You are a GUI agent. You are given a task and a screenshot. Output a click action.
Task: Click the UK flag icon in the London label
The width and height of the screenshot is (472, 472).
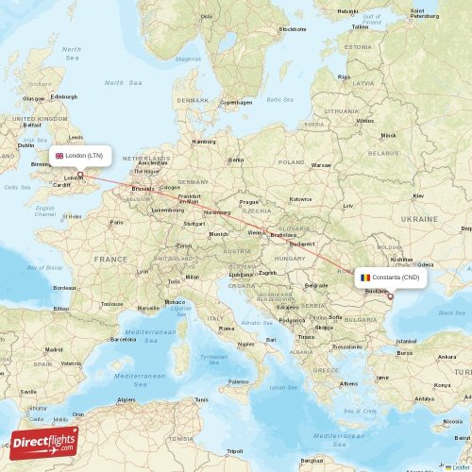point(59,156)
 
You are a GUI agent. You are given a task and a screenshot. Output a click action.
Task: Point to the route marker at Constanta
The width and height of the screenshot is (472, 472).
point(390,295)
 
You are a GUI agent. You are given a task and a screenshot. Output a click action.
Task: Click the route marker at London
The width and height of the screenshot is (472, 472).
point(80,174)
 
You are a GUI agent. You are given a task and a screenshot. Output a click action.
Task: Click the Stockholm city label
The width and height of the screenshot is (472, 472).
point(293,29)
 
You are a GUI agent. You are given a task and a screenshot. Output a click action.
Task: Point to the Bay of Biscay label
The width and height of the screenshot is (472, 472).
point(44,268)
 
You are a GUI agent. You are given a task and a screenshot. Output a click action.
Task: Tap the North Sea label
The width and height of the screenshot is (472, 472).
point(115,83)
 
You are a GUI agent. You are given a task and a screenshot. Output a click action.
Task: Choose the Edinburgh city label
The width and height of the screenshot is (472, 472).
point(64,96)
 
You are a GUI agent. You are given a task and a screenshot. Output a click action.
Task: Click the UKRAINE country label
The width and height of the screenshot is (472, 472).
point(419,217)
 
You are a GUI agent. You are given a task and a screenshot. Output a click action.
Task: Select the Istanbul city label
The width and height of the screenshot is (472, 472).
point(407,340)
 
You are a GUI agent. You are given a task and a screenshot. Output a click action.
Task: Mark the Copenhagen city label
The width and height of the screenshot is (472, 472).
point(236,102)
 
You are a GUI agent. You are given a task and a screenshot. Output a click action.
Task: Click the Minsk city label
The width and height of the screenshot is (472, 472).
point(388,136)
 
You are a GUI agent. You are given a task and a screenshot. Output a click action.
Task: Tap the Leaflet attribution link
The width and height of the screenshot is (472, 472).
point(460,466)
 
